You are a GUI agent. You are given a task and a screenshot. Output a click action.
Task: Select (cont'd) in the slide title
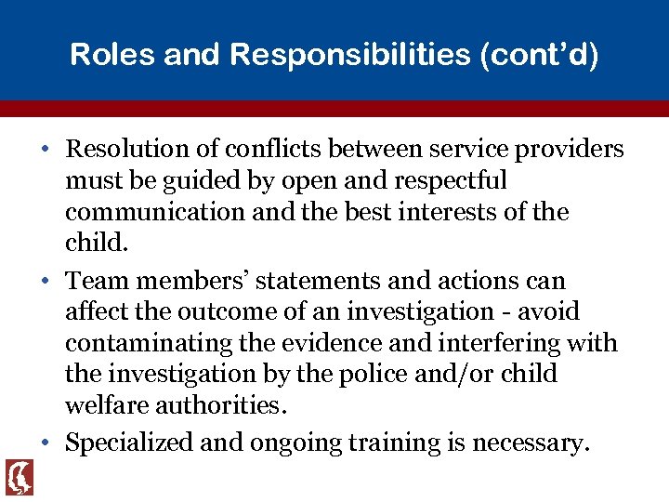point(540,55)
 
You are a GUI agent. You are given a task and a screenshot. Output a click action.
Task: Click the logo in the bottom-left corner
point(19,477)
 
